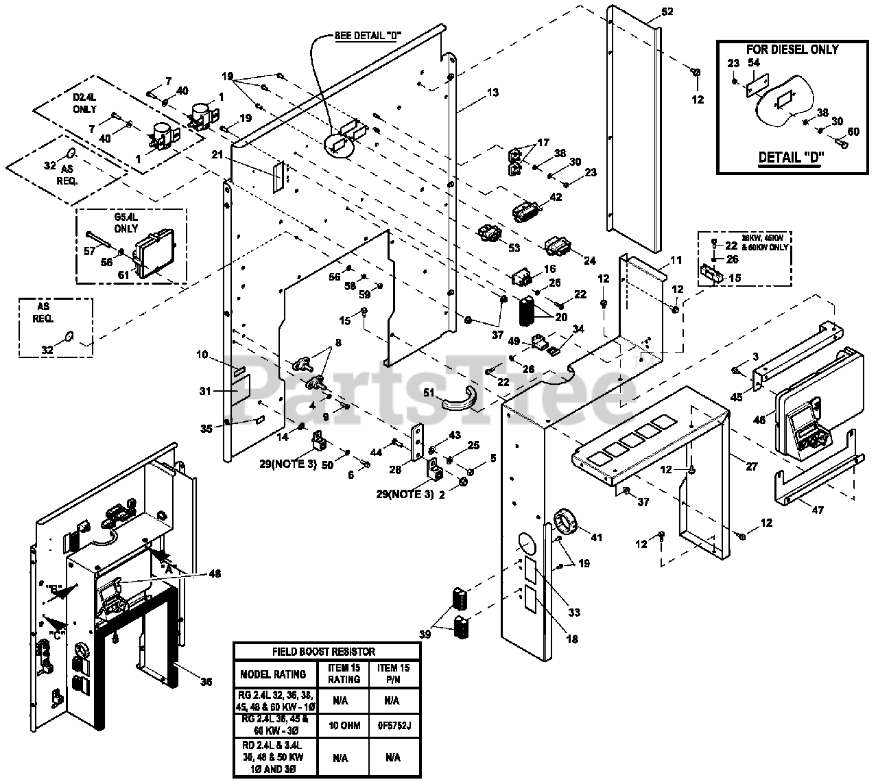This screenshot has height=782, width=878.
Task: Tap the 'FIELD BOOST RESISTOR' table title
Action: click(326, 652)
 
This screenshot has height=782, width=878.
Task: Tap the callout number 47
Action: click(798, 510)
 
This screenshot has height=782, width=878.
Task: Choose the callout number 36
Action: click(206, 681)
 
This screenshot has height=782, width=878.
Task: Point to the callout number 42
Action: click(556, 197)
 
